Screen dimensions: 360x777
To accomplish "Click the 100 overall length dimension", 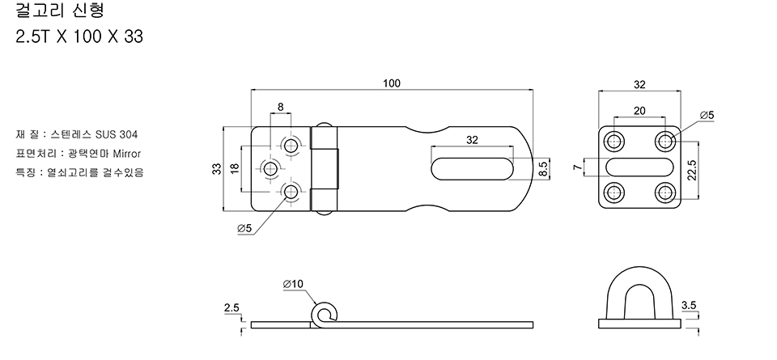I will click(392, 83).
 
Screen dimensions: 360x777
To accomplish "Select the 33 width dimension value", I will click(217, 168).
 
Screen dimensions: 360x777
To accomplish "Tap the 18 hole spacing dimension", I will click(235, 168).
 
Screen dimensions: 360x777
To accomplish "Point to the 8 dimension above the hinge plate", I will click(280, 106).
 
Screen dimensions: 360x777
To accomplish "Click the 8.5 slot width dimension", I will click(543, 168).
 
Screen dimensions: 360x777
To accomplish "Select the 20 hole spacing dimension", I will click(639, 111).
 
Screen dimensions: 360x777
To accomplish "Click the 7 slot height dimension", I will click(577, 167).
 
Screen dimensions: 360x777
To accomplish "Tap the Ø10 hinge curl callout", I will click(293, 284).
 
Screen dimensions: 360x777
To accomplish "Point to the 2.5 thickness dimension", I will click(231, 307).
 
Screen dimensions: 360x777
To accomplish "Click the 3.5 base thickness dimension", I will click(690, 305).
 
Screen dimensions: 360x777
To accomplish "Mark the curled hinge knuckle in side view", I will click(325, 315).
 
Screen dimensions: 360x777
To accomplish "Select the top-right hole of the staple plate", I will click(665, 142).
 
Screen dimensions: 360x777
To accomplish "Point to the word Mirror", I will click(126, 153).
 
